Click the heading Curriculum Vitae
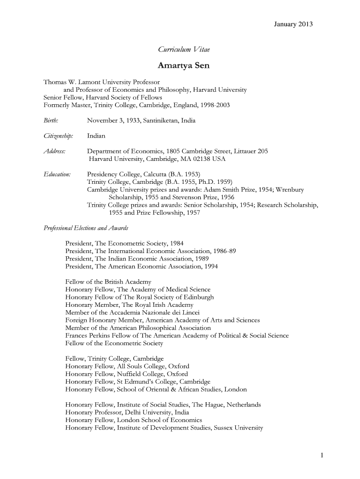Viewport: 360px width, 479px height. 180,50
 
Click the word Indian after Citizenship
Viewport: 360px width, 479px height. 96,136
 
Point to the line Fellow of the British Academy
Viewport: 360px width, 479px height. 108,282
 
